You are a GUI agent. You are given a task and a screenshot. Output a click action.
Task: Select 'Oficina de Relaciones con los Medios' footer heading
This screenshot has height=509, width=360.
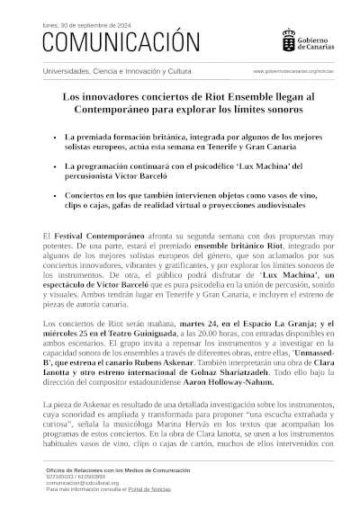click(x=118, y=470)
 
